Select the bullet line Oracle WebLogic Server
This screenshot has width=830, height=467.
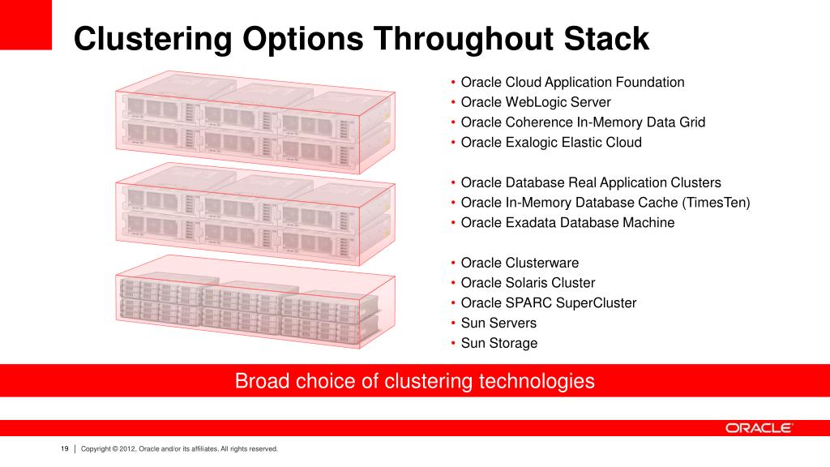(x=535, y=102)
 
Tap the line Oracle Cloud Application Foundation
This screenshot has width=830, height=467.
(x=572, y=82)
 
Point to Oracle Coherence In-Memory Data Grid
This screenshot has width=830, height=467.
(x=583, y=122)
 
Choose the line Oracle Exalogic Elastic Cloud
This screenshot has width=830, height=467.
(x=550, y=143)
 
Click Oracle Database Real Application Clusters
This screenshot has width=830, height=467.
(x=590, y=182)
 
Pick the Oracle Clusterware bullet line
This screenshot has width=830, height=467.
(x=520, y=263)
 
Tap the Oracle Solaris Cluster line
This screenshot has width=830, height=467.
(x=528, y=283)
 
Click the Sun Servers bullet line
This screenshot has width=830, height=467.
(x=498, y=323)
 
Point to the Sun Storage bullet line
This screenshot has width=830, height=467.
(x=498, y=343)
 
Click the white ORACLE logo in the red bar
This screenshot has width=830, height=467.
(x=759, y=428)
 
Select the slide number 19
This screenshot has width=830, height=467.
(x=64, y=448)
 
